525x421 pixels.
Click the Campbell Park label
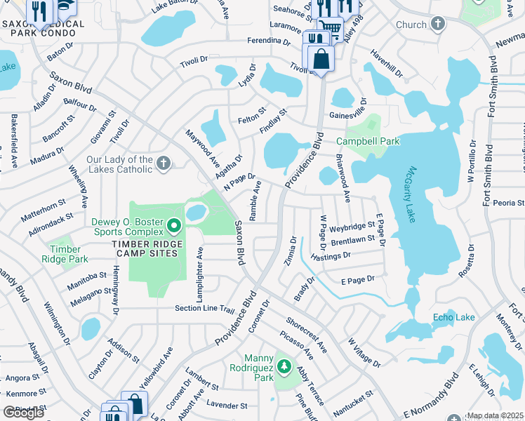[373, 141]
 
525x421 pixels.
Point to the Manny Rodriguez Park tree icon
[284, 366]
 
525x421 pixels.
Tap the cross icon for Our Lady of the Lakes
[163, 164]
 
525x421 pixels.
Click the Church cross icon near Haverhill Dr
[438, 25]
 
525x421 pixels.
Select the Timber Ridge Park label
[69, 253]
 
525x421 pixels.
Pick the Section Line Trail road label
[204, 309]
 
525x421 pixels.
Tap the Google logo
[24, 413]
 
